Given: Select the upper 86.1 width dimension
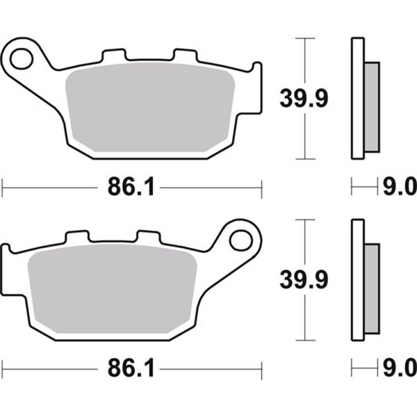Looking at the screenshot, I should tap(130, 186).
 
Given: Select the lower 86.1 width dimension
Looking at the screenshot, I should tap(130, 366).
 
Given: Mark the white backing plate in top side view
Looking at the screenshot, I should tap(357, 97).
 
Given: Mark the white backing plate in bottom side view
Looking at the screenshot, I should tap(357, 278).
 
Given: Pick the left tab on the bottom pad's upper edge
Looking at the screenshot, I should tap(74, 236).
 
